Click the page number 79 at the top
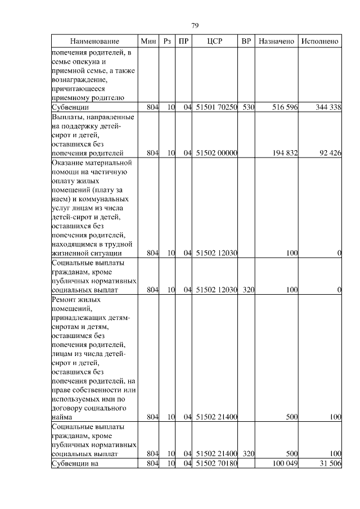coord(195,26)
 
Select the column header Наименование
coord(94,42)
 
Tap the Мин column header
coord(148,42)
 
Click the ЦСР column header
coord(215,42)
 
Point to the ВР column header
coord(246,42)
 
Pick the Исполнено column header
coord(319,42)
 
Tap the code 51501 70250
coord(217,107)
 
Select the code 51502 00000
coord(217,152)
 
